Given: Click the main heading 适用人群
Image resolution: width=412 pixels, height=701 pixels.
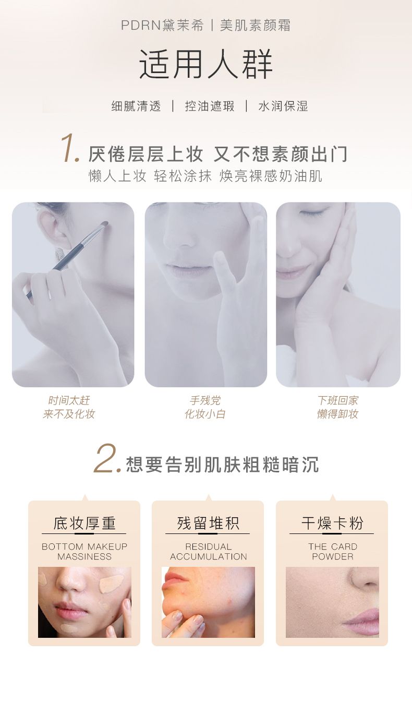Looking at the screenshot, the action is point(205,64).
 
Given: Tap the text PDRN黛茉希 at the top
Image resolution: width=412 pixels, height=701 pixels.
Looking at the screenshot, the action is point(162,26).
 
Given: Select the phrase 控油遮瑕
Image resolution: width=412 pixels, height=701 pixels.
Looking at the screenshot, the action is point(210,106).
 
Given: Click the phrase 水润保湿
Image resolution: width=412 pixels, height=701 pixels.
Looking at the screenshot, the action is point(283,106).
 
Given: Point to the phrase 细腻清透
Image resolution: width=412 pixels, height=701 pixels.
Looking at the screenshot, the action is point(136,106).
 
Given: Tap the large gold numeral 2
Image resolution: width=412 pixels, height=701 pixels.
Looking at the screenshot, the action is point(107,458).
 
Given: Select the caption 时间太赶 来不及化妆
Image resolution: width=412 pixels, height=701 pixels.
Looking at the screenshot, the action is point(69,407).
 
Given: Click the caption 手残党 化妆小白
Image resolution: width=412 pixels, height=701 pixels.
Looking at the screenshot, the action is point(205,407).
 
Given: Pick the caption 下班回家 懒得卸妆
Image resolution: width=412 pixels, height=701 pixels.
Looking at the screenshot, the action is point(337,407).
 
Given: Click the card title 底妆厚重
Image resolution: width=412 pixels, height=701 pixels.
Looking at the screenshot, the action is point(84,523).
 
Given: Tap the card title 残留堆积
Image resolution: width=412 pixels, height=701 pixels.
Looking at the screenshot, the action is point(208,523).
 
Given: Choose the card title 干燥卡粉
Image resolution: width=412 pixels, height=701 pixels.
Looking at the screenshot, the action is point(332,523).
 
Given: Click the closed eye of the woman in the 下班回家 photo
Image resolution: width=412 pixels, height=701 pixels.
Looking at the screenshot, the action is point(314,213).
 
